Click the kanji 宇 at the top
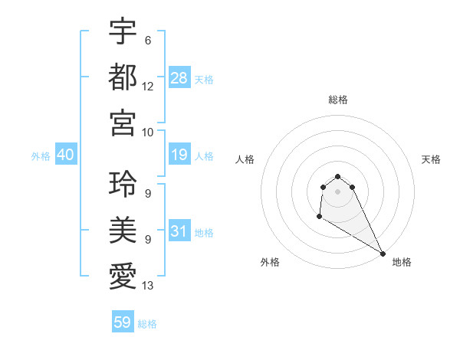click(x=123, y=32)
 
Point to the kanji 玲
click(x=123, y=184)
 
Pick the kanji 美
click(x=123, y=230)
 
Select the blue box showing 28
click(x=179, y=77)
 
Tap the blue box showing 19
click(x=179, y=155)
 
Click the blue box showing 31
click(x=179, y=231)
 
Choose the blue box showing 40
click(x=65, y=155)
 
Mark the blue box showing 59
click(x=123, y=322)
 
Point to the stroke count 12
click(x=148, y=86)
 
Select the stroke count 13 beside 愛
click(x=148, y=286)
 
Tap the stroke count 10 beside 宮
click(x=148, y=131)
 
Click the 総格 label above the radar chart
click(x=338, y=100)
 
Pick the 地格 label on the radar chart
click(x=402, y=262)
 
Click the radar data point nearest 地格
click(x=383, y=254)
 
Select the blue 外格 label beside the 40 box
click(x=41, y=156)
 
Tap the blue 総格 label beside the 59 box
click(x=147, y=324)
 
